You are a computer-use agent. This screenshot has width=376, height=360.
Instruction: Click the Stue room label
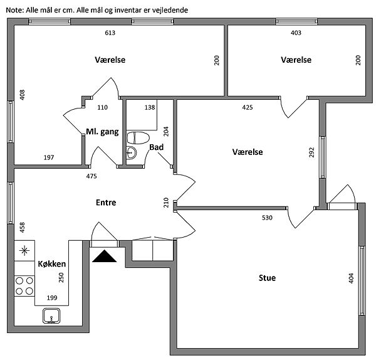267,278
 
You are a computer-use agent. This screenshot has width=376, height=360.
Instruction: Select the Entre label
106,203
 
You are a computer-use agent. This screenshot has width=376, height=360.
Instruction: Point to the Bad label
157,147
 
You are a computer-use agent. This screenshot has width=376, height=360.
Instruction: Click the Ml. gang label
102,132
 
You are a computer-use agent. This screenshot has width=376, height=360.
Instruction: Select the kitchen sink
51,315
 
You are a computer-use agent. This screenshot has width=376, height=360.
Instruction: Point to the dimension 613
110,33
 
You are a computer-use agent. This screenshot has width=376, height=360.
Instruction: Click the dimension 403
296,33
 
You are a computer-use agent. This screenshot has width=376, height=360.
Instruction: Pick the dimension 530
268,218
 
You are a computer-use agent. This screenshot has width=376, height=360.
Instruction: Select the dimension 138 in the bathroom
150,108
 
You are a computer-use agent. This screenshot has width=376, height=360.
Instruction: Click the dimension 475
91,176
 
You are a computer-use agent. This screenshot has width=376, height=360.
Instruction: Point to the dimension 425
248,107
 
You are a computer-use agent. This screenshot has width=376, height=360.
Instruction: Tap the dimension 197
49,157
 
